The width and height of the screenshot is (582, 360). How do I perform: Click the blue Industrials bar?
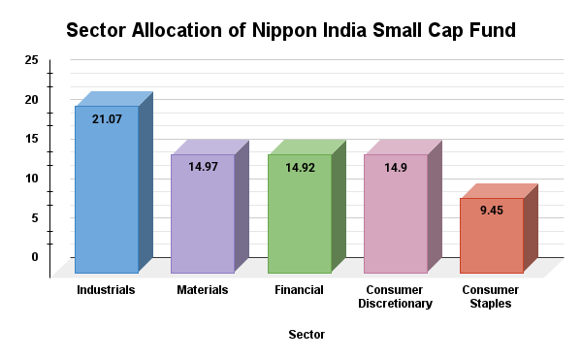107,189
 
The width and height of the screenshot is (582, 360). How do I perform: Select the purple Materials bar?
203,213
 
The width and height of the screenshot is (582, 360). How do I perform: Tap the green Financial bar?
299,213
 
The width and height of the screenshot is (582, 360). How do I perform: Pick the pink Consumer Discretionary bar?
395,213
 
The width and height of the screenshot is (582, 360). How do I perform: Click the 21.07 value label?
107,119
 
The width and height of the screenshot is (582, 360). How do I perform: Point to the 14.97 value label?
203,167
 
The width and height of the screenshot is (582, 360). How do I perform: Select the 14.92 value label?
299,167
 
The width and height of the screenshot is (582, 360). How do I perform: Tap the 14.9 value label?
395,167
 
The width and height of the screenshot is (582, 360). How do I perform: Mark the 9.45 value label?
491,211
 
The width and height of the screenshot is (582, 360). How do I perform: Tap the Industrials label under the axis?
106,289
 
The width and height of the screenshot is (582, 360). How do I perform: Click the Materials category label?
203,289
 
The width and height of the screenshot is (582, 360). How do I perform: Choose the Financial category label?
299,289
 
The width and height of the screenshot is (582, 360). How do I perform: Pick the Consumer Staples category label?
490,297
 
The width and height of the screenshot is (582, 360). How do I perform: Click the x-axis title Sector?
307,335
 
